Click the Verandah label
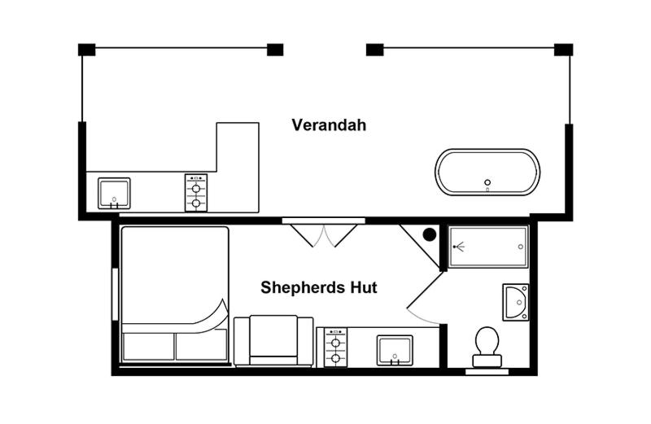tap(329, 125)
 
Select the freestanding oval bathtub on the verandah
tap(487, 172)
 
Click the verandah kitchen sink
tap(114, 193)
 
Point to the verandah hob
tap(195, 193)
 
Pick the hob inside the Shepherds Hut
tap(335, 348)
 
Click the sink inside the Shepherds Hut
tap(395, 350)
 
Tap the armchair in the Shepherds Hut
tap(273, 341)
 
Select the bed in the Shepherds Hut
tap(174, 295)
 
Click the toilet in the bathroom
tap(487, 344)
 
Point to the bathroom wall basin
tap(516, 302)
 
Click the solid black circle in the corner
tap(430, 235)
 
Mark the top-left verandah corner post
tap(87, 50)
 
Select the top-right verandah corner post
tap(563, 50)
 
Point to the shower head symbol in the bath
tap(456, 245)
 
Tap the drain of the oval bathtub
tap(487, 182)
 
